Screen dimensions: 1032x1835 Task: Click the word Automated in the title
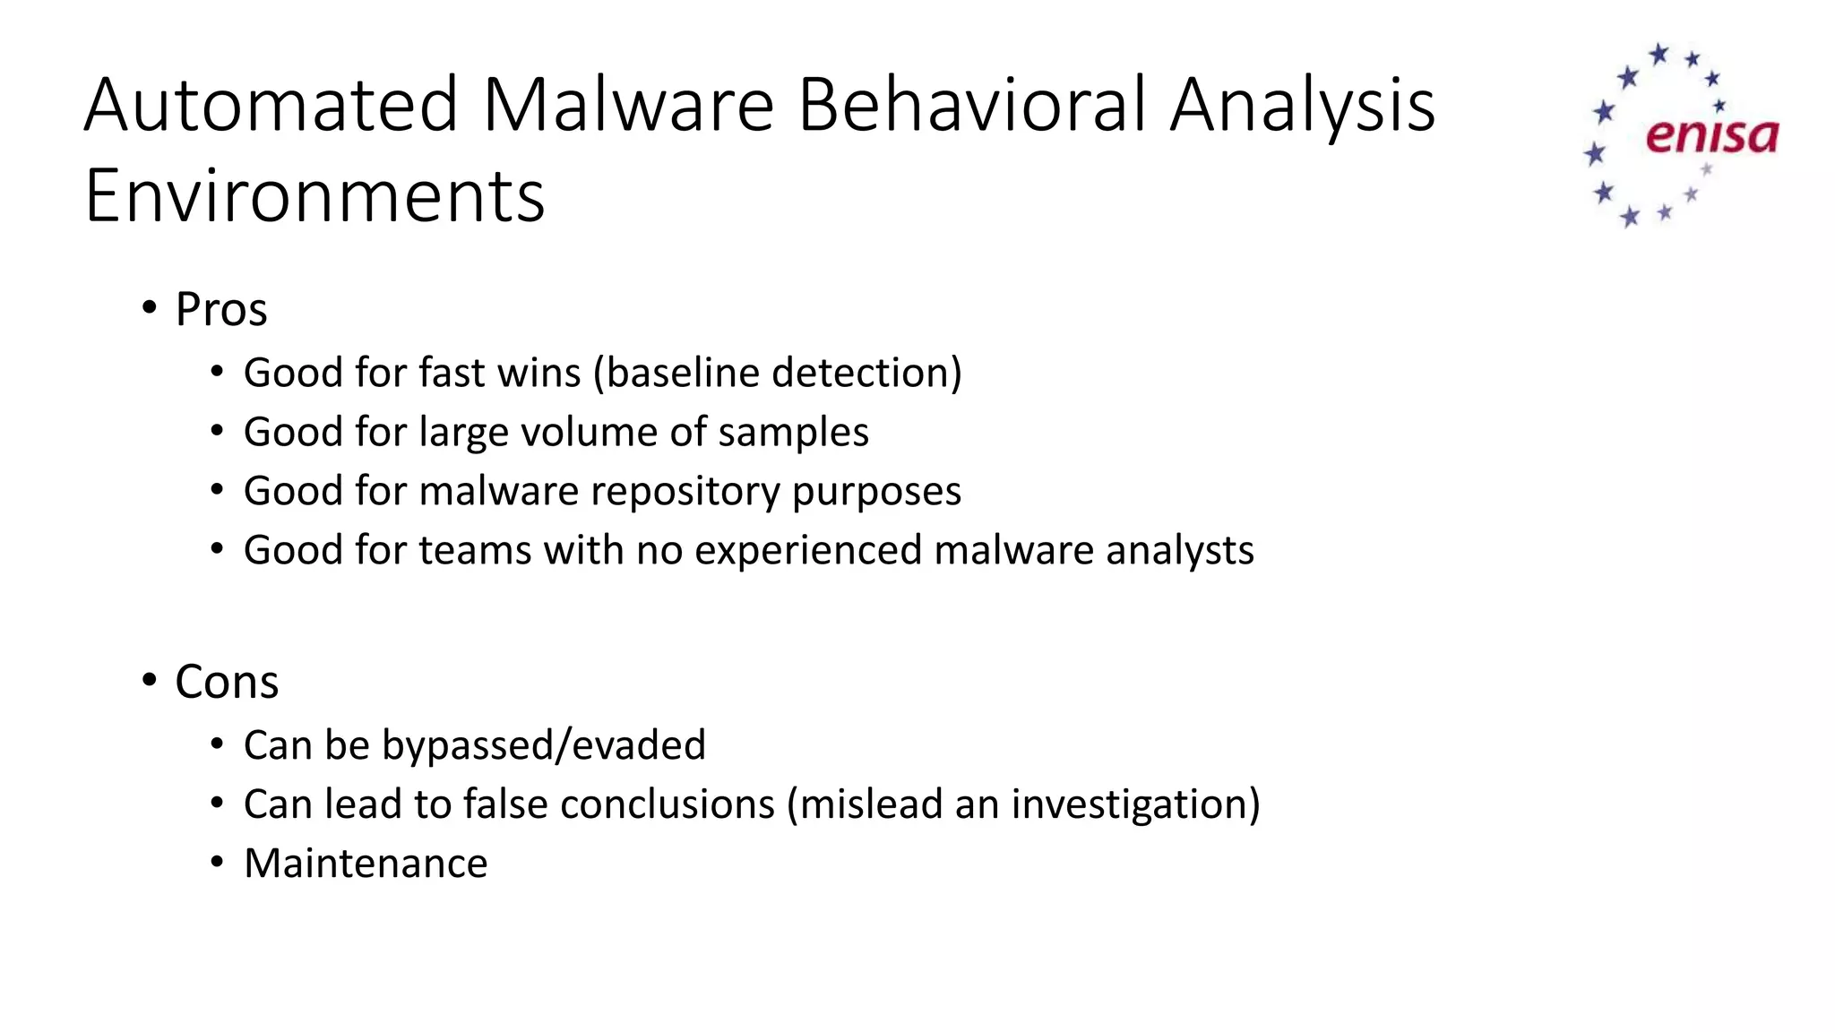[x=271, y=106]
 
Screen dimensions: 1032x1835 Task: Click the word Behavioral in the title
[x=971, y=106]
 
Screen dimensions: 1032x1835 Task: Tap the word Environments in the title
[x=314, y=196]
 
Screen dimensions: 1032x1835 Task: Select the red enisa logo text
[x=1711, y=136]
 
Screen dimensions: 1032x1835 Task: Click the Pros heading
[x=220, y=310]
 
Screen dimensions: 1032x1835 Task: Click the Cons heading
[x=227, y=683]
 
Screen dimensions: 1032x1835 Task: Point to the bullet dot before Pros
[x=149, y=309]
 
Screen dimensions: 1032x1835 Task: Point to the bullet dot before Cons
[x=149, y=682]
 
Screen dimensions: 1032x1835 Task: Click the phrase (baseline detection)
[x=778, y=373]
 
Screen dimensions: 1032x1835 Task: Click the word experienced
[x=807, y=551]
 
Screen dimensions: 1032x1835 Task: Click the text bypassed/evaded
[x=544, y=745]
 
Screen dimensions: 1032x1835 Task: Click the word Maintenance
[x=366, y=864]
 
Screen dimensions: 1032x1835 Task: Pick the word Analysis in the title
[x=1302, y=106]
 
